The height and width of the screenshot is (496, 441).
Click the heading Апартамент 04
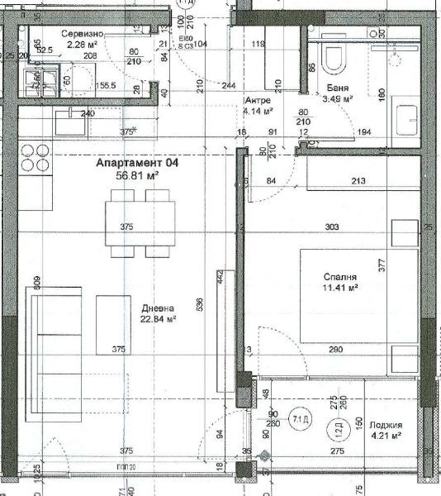pyautogui.click(x=137, y=164)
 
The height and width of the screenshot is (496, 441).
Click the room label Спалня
pyautogui.click(x=340, y=277)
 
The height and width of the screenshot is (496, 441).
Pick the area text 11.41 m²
pyautogui.click(x=340, y=289)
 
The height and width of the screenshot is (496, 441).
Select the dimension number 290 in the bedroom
pyautogui.click(x=335, y=351)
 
